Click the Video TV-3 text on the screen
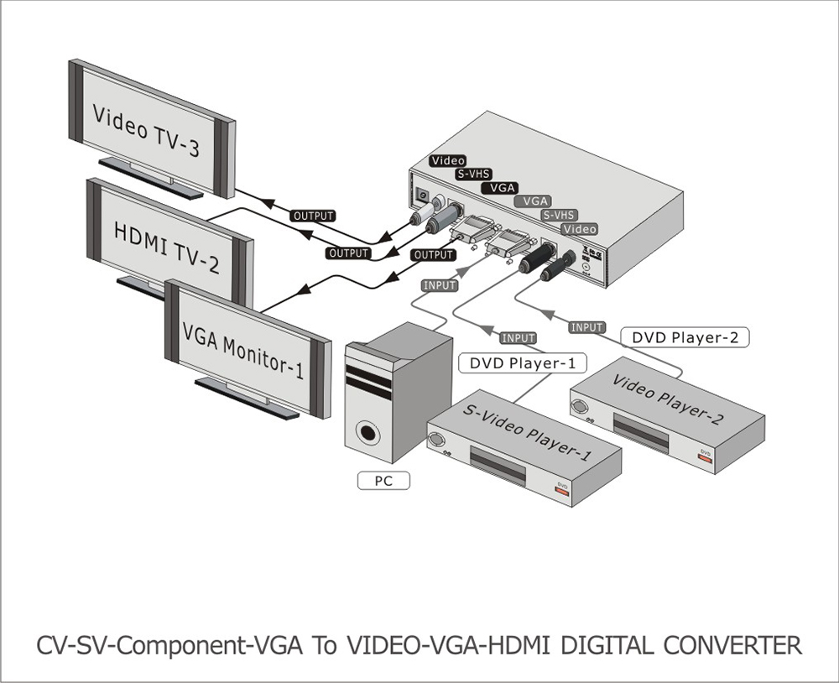pos(145,131)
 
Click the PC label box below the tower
pos(383,481)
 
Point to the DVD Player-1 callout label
pos(522,363)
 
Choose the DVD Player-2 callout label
pos(685,337)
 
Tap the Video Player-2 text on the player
pos(668,399)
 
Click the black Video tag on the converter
pos(448,160)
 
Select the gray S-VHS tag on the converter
pos(557,215)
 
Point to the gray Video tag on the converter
pos(581,229)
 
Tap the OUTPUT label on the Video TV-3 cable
pos(313,216)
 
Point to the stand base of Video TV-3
pos(151,177)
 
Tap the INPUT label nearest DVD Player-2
pos(586,327)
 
